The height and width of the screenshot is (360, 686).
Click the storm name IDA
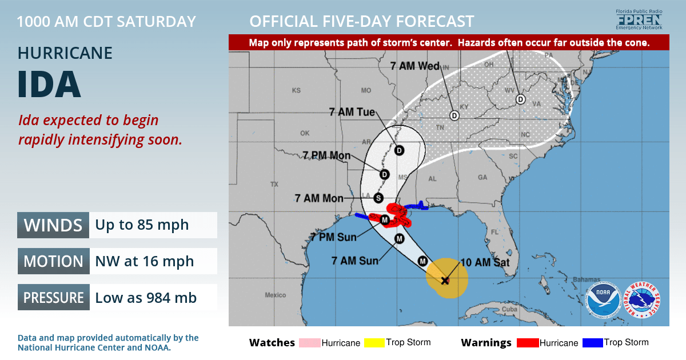point(49,85)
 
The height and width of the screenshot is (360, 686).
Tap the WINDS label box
point(53,225)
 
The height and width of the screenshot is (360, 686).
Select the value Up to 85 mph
point(142,225)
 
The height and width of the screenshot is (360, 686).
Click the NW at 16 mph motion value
point(144,261)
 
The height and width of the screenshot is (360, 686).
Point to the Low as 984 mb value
point(145,298)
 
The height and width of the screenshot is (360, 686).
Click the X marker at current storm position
point(445,280)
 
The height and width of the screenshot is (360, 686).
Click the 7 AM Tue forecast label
point(352,112)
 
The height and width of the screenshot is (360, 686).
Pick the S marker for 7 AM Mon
point(378,198)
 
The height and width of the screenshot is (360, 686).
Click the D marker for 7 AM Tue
point(399,150)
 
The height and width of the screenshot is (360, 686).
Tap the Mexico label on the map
point(275,295)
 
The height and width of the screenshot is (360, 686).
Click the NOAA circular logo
point(603,300)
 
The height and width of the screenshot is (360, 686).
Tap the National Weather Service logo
point(643,300)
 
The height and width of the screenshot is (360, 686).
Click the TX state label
point(274,185)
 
